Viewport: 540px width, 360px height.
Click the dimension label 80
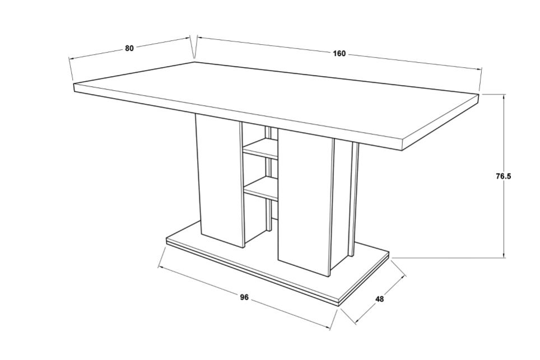(x=129, y=48)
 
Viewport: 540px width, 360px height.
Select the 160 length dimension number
(x=339, y=54)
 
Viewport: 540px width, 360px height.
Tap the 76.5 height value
(x=504, y=176)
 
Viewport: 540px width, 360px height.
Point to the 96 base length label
(x=244, y=297)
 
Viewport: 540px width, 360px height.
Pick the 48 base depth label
(x=379, y=299)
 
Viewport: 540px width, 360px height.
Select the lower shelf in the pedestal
(x=260, y=188)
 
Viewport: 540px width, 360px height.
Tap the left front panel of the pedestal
(x=219, y=181)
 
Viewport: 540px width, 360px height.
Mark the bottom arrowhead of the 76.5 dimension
(x=504, y=255)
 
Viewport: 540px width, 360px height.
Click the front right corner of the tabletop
(x=402, y=151)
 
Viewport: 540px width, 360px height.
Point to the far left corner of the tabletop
(x=74, y=83)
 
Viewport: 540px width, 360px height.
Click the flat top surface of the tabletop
(x=276, y=100)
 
